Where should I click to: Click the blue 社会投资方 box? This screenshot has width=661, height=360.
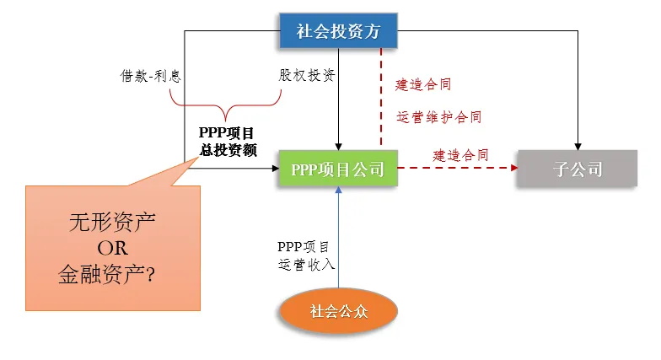[337, 33]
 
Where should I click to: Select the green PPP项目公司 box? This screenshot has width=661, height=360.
[337, 169]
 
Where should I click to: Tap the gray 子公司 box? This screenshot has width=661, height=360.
[578, 169]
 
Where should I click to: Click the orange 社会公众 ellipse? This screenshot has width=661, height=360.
[336, 311]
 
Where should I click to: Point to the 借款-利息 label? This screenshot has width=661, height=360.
[151, 75]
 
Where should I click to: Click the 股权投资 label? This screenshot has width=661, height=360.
[308, 75]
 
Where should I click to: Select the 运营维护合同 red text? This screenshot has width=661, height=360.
[439, 117]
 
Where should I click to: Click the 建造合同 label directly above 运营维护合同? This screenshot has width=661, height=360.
[424, 85]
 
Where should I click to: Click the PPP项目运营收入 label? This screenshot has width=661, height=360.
[307, 255]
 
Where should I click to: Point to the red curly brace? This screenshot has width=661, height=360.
[224, 105]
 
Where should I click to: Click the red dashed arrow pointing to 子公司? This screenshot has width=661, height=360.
[455, 169]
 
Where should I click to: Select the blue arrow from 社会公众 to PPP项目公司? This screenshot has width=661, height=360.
[337, 236]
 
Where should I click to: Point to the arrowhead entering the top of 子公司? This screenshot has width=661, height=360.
[578, 145]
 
